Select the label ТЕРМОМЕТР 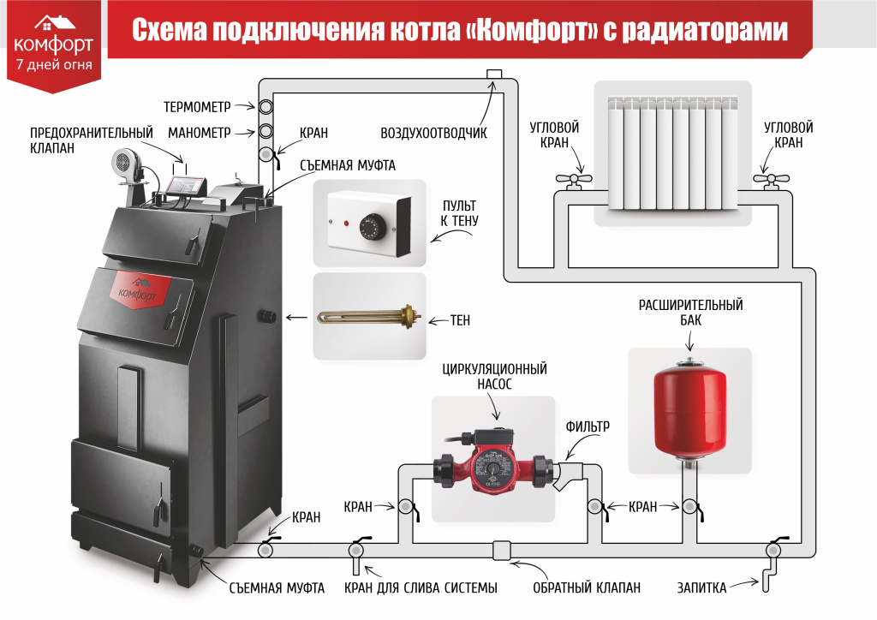pyautogui.click(x=197, y=107)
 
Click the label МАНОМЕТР pyautogui.click(x=199, y=133)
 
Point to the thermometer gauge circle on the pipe pyautogui.click(x=265, y=106)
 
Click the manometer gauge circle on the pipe pyautogui.click(x=265, y=132)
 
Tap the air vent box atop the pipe pyautogui.click(x=494, y=75)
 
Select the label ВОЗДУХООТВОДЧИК pyautogui.click(x=433, y=133)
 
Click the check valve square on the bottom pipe pyautogui.click(x=502, y=551)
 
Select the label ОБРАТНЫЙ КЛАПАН pyautogui.click(x=586, y=588)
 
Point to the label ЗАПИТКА pyautogui.click(x=701, y=588)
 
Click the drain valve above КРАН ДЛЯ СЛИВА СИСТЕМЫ pyautogui.click(x=356, y=553)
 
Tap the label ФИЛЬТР pyautogui.click(x=588, y=427)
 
